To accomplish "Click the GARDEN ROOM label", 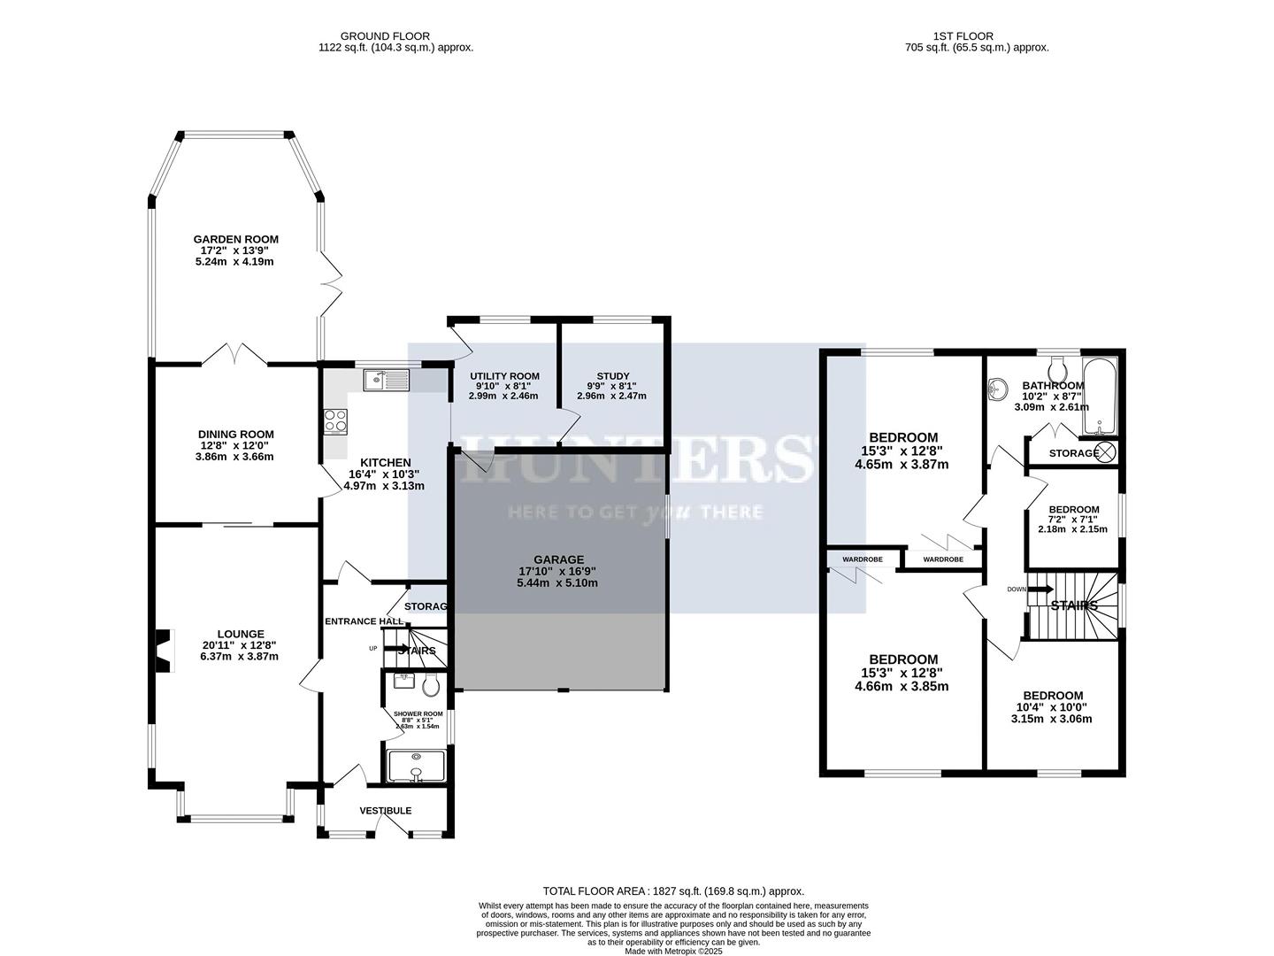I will pyautogui.click(x=236, y=239).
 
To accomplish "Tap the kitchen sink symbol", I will pyautogui.click(x=386, y=381).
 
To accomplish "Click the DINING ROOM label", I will pyautogui.click(x=235, y=434).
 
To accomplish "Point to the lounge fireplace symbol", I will pyautogui.click(x=163, y=646).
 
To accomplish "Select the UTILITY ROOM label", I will pyautogui.click(x=504, y=376).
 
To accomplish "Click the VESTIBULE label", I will pyautogui.click(x=385, y=811).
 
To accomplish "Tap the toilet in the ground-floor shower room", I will pyautogui.click(x=432, y=685).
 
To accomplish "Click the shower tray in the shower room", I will pyautogui.click(x=416, y=767).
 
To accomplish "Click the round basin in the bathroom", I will pyautogui.click(x=999, y=387).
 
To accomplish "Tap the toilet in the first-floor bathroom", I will pyautogui.click(x=1057, y=366).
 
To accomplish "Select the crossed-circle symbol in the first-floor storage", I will pyautogui.click(x=1106, y=452).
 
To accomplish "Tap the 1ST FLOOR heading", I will pyautogui.click(x=950, y=36).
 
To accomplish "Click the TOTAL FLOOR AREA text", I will pyautogui.click(x=672, y=891).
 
